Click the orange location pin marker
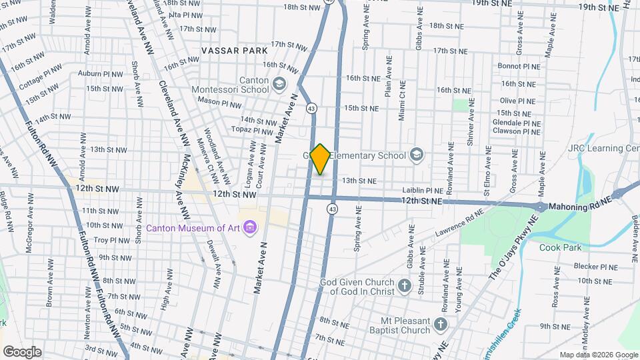[x=320, y=159]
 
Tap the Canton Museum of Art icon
[x=250, y=228]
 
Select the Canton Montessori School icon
[x=279, y=84]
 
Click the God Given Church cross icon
[x=405, y=287]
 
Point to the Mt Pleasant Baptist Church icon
[x=439, y=325]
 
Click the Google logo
[x=22, y=351]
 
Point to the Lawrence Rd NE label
[x=459, y=225]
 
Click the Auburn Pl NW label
[x=100, y=73]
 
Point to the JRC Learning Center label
[x=603, y=147]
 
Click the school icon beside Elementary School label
[x=417, y=156]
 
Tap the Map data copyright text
[x=599, y=355]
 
